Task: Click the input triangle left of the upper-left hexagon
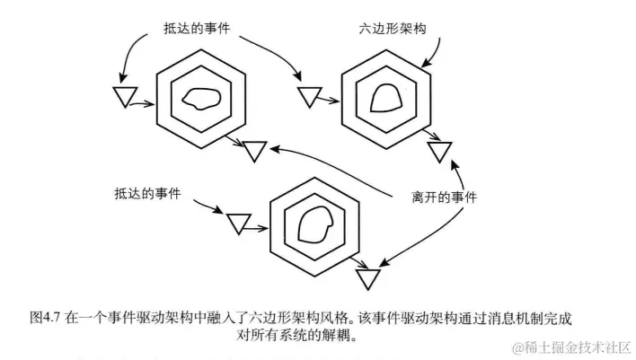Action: [x=123, y=97]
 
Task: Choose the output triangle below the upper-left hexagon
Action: [x=255, y=150]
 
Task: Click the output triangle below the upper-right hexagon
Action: [x=440, y=150]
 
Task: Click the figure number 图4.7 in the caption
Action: [x=47, y=317]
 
